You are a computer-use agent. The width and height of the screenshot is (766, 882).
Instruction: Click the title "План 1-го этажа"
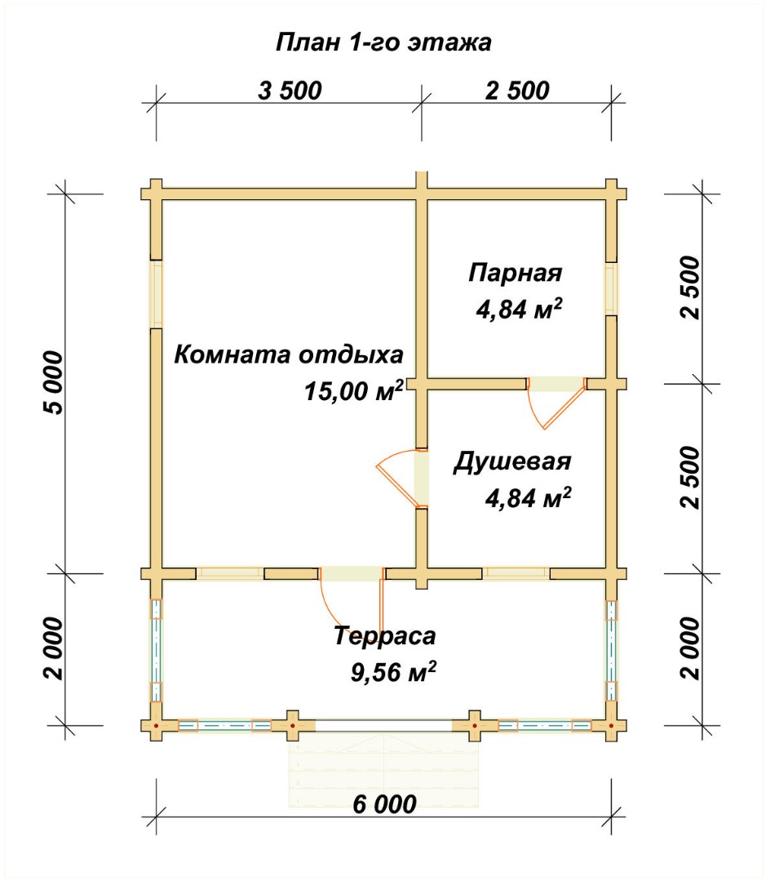[384, 42]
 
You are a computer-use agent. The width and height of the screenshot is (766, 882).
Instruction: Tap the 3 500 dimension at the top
[290, 91]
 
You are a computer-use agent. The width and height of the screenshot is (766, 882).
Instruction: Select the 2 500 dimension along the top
[517, 91]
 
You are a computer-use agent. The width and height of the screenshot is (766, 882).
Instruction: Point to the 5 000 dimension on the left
[54, 382]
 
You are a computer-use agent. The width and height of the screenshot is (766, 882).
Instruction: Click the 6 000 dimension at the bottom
[384, 804]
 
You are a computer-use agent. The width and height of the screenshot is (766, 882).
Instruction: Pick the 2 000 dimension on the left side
[54, 648]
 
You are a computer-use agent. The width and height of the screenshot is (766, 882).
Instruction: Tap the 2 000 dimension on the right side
[691, 648]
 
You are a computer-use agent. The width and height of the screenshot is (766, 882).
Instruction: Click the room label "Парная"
[516, 273]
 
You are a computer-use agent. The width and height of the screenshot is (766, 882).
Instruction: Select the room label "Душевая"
[512, 461]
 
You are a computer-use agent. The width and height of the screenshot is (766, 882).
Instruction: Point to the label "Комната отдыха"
[288, 355]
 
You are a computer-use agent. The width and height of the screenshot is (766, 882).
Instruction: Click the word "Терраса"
[385, 635]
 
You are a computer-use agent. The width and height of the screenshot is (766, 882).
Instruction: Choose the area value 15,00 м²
[354, 390]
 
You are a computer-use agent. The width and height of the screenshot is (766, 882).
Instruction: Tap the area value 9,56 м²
[393, 671]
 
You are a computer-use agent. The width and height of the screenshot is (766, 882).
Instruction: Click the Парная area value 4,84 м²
[519, 309]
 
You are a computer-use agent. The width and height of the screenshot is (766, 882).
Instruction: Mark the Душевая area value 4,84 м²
[529, 498]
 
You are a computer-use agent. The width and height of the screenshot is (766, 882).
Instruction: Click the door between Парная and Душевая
[556, 402]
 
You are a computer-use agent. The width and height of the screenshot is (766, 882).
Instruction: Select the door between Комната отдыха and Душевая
[402, 478]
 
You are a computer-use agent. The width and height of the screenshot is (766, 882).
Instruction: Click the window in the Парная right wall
[611, 288]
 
